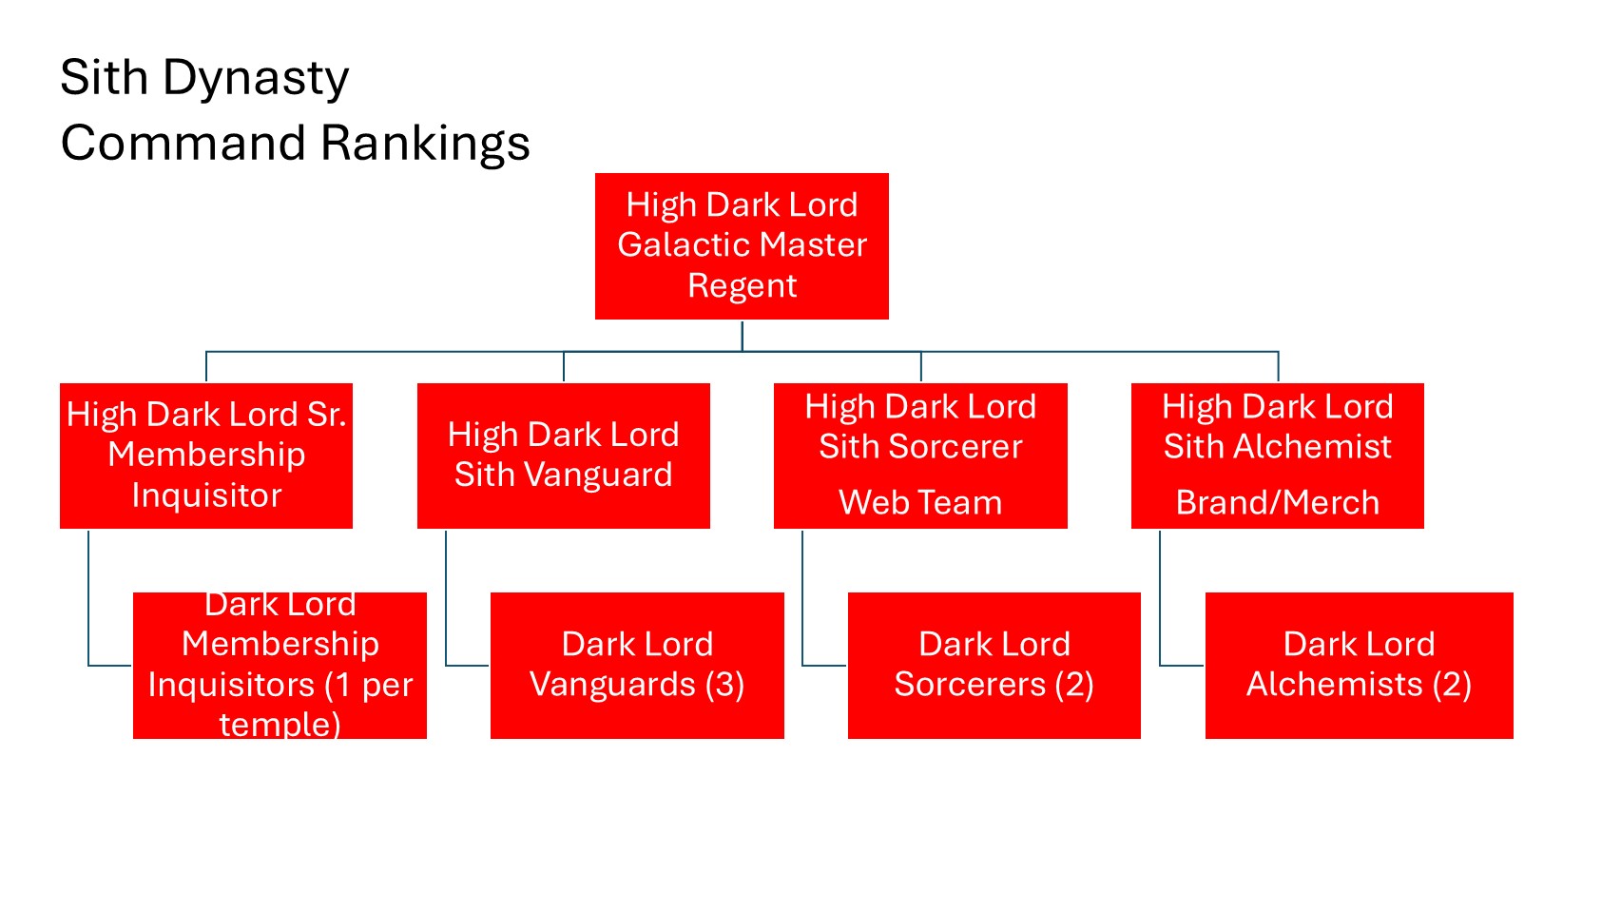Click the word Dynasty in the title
[256, 78]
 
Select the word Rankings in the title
[425, 144]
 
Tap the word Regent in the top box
[742, 286]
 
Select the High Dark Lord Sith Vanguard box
[563, 456]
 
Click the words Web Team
[920, 502]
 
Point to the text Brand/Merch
[1277, 502]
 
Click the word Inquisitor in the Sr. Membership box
[206, 495]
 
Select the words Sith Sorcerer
[920, 447]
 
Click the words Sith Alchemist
[1277, 447]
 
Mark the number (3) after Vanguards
[724, 685]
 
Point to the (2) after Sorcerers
[1074, 685]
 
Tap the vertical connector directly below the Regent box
[742, 336]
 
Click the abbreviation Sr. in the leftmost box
[326, 415]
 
